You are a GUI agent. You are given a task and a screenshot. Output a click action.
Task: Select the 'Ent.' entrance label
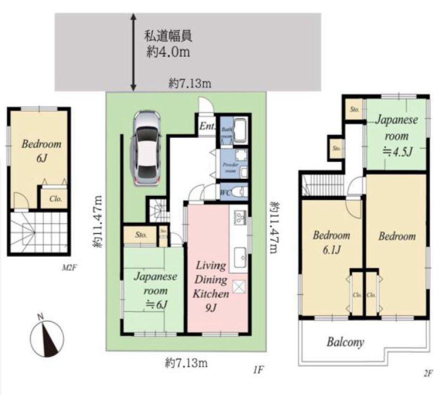[207, 126]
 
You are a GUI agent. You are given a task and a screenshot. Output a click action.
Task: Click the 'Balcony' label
[345, 342]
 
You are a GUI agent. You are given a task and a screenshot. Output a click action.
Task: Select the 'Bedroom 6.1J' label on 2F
[331, 242]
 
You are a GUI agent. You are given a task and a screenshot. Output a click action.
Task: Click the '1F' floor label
[257, 371]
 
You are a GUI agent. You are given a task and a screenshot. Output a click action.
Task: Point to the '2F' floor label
[428, 373]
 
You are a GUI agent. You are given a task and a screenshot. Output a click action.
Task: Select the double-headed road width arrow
[134, 52]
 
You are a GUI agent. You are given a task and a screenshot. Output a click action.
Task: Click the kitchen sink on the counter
[239, 255]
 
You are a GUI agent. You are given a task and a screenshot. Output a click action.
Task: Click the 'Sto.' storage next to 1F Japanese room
[140, 235]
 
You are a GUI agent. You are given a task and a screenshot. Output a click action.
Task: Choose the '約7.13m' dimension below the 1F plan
[186, 363]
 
